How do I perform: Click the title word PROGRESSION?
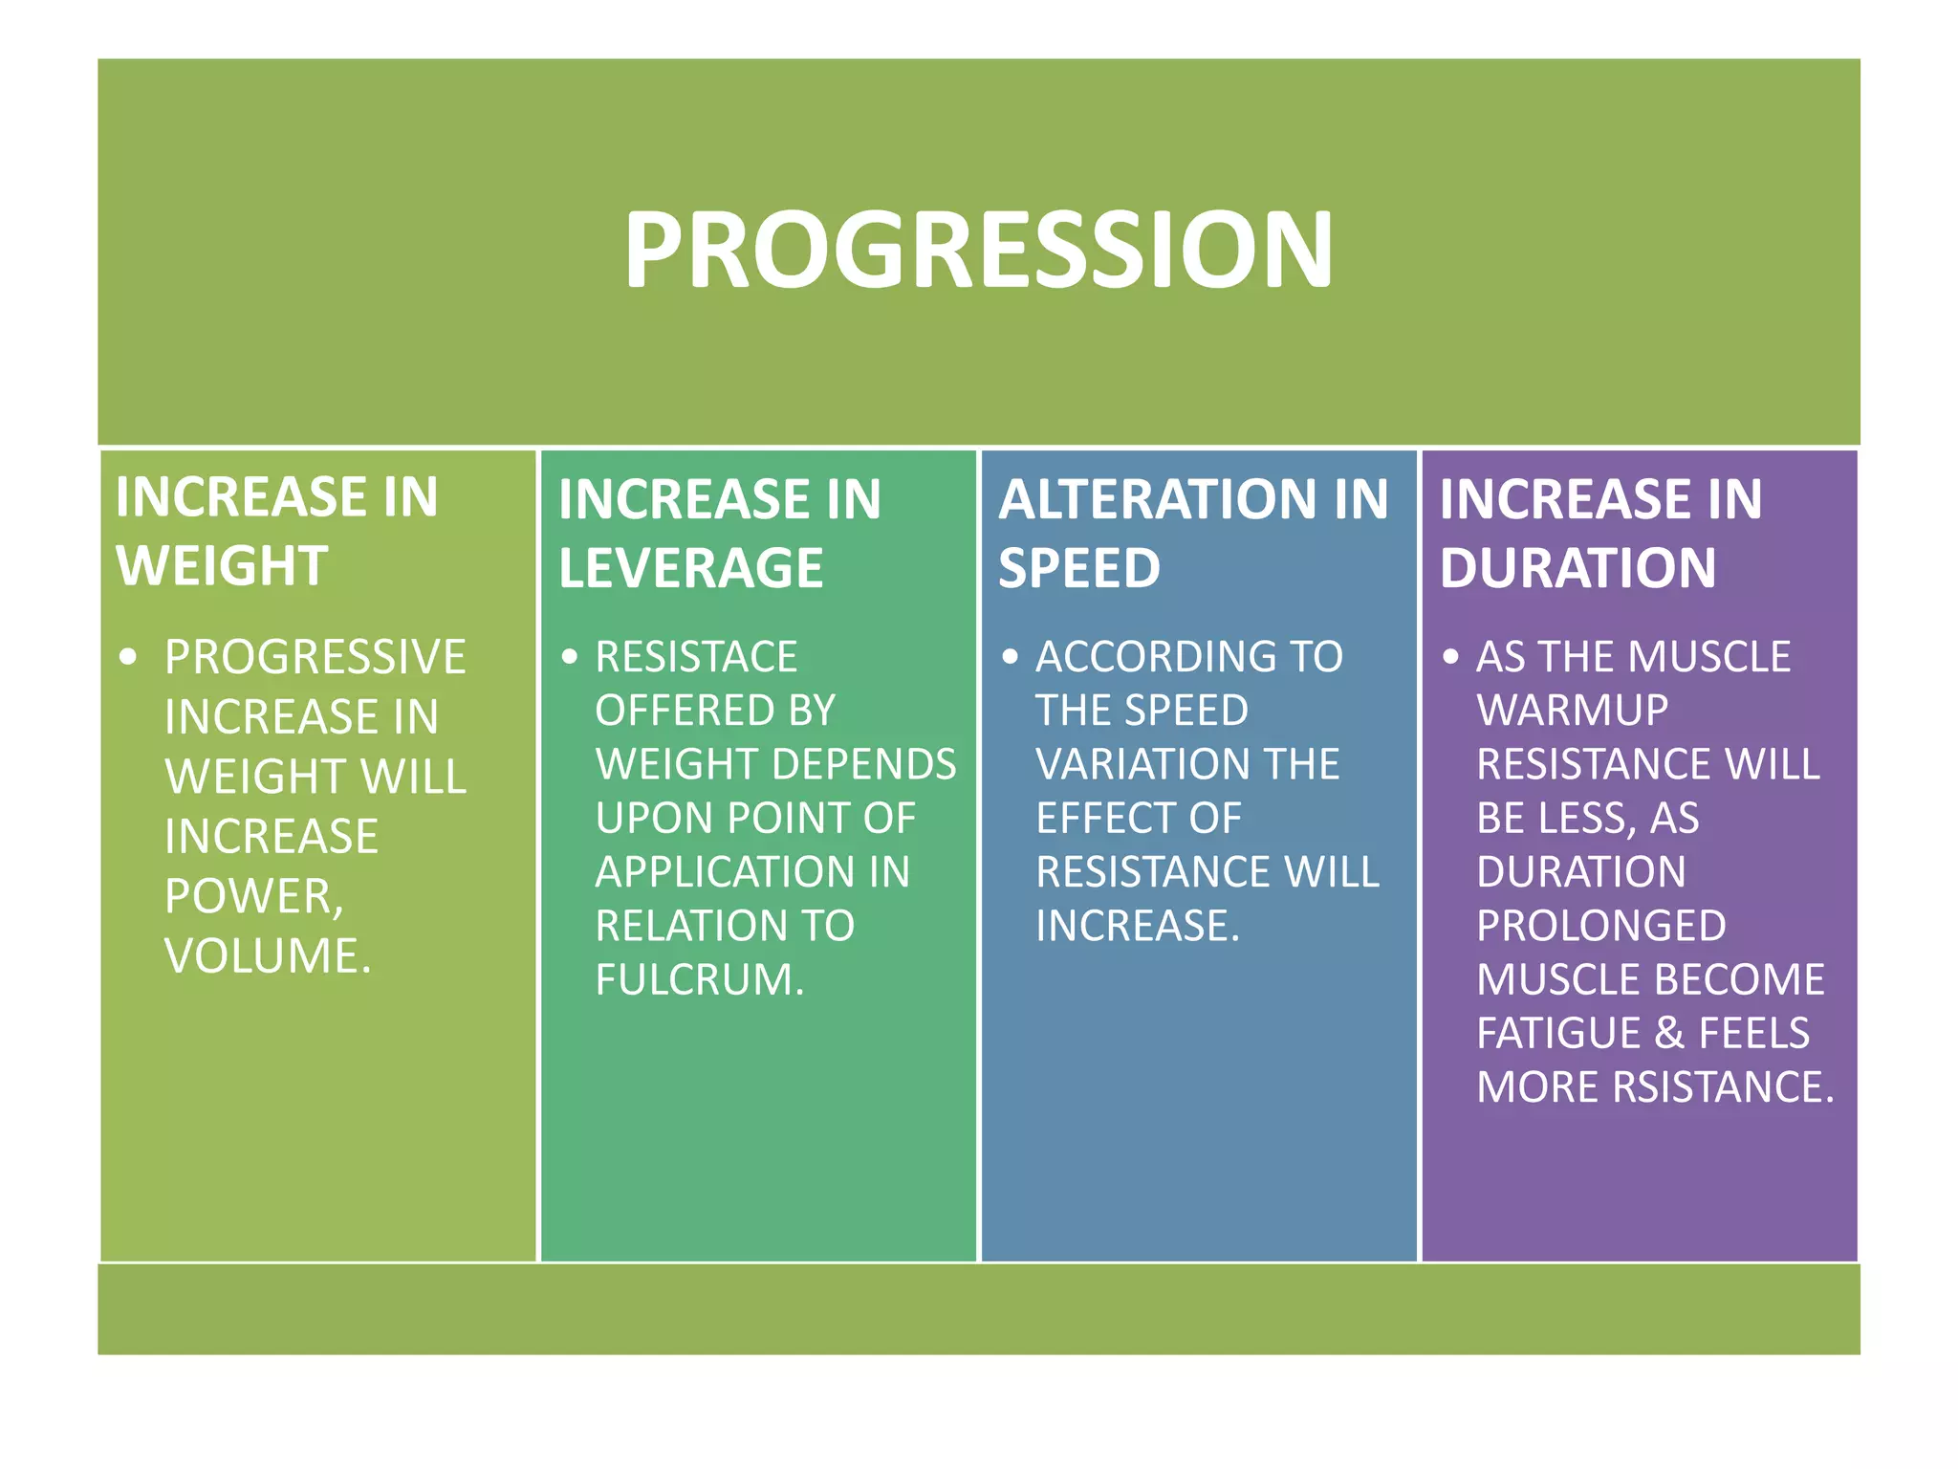[x=978, y=250]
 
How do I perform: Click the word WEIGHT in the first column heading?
[x=222, y=565]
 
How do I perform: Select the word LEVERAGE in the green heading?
[x=690, y=567]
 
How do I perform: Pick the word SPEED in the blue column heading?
[x=1078, y=567]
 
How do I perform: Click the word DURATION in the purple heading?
[x=1577, y=567]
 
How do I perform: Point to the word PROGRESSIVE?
[x=315, y=657]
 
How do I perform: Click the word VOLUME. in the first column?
[x=268, y=955]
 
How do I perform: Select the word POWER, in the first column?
[x=253, y=896]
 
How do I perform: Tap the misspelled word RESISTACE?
[x=696, y=657]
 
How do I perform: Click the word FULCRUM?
[x=700, y=979]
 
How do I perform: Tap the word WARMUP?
[x=1572, y=711]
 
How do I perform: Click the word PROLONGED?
[x=1601, y=926]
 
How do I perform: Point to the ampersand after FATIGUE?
[x=1669, y=1033]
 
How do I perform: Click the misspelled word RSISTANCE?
[x=1722, y=1087]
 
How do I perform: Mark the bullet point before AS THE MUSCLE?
[x=1450, y=657]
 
